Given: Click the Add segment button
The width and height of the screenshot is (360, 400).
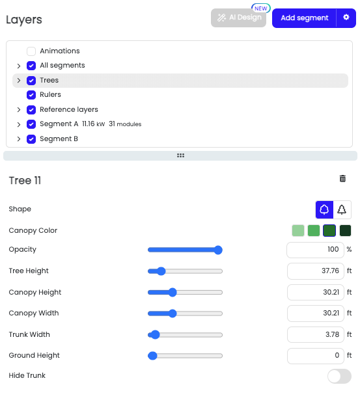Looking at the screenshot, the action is pyautogui.click(x=304, y=18).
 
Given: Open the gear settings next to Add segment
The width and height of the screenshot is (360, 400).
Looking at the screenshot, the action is pyautogui.click(x=346, y=18).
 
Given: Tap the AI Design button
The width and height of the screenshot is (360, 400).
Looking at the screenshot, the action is pyautogui.click(x=238, y=18).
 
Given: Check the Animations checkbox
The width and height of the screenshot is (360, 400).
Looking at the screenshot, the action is pyautogui.click(x=31, y=51).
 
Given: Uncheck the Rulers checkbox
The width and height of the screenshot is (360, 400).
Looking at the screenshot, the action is pyautogui.click(x=31, y=95).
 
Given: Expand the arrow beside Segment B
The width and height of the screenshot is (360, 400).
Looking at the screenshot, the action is pyautogui.click(x=19, y=139).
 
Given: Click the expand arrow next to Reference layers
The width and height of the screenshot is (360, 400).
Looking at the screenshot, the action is pyautogui.click(x=19, y=110).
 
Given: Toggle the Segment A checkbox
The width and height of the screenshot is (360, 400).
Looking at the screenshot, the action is pyautogui.click(x=31, y=124).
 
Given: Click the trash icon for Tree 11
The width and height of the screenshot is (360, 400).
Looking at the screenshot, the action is pyautogui.click(x=342, y=179).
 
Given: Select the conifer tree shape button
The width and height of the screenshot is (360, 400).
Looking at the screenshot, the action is pyautogui.click(x=342, y=209).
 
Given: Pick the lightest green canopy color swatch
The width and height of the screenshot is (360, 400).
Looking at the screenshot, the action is pyautogui.click(x=298, y=231).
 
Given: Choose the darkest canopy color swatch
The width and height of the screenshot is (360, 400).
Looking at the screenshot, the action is pyautogui.click(x=345, y=231).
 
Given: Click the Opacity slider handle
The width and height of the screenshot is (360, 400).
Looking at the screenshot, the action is pyautogui.click(x=218, y=250).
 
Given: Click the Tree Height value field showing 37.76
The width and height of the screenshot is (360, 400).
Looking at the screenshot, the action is pyautogui.click(x=316, y=271).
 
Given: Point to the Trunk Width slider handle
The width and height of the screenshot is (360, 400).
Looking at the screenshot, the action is pyautogui.click(x=155, y=335).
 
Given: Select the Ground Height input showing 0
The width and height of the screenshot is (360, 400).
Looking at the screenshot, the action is pyautogui.click(x=316, y=356).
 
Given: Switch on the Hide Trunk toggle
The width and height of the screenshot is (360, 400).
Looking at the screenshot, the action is pyautogui.click(x=339, y=376).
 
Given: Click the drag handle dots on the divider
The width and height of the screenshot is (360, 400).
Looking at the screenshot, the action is pyautogui.click(x=180, y=155).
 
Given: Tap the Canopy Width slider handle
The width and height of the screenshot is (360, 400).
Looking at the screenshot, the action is pyautogui.click(x=173, y=313).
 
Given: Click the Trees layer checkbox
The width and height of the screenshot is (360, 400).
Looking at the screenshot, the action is pyautogui.click(x=31, y=81).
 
